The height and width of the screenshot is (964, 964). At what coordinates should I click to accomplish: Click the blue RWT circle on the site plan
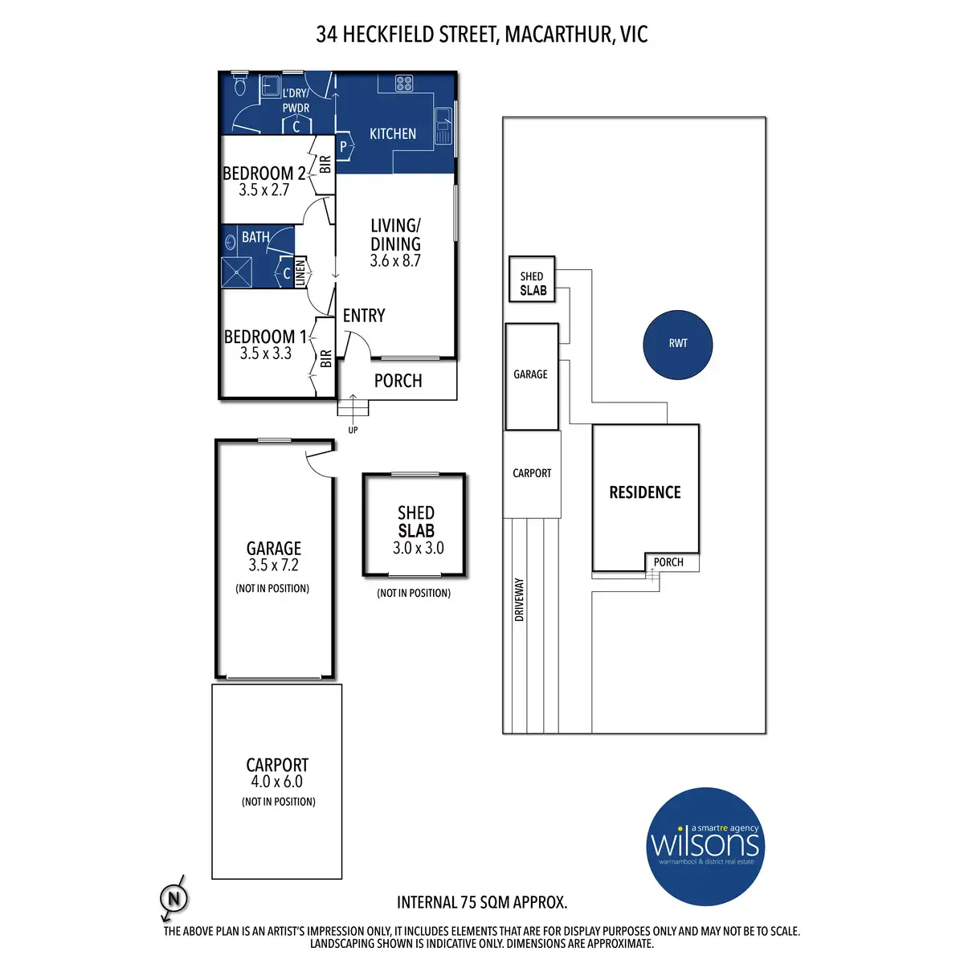[678, 343]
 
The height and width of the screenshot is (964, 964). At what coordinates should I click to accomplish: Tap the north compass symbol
[173, 897]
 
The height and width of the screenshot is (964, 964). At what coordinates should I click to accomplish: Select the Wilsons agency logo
[705, 846]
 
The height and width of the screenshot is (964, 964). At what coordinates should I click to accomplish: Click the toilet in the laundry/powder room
[239, 83]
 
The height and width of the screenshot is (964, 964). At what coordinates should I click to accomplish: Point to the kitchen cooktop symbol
[404, 83]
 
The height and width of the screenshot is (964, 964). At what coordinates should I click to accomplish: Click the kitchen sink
[443, 126]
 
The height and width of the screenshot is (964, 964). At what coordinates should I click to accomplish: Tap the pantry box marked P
[343, 146]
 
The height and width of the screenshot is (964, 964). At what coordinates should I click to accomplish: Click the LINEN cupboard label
[300, 273]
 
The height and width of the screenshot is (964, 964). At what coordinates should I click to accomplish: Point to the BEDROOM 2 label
[264, 174]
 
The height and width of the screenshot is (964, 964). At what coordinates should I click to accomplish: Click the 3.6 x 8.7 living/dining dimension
[395, 261]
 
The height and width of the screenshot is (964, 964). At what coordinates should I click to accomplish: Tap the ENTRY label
[364, 316]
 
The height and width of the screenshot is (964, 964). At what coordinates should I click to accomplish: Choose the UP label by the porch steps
[353, 430]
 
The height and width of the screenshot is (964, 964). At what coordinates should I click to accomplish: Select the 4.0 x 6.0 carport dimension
[277, 782]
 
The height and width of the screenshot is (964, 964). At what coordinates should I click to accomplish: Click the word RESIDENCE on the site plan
[645, 492]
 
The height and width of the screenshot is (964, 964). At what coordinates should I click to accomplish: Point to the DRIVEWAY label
[519, 599]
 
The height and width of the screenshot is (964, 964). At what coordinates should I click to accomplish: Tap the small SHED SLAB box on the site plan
[532, 280]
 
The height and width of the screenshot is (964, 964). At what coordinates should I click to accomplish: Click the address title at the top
[482, 35]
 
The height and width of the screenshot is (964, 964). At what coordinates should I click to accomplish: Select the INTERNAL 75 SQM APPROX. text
[482, 902]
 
